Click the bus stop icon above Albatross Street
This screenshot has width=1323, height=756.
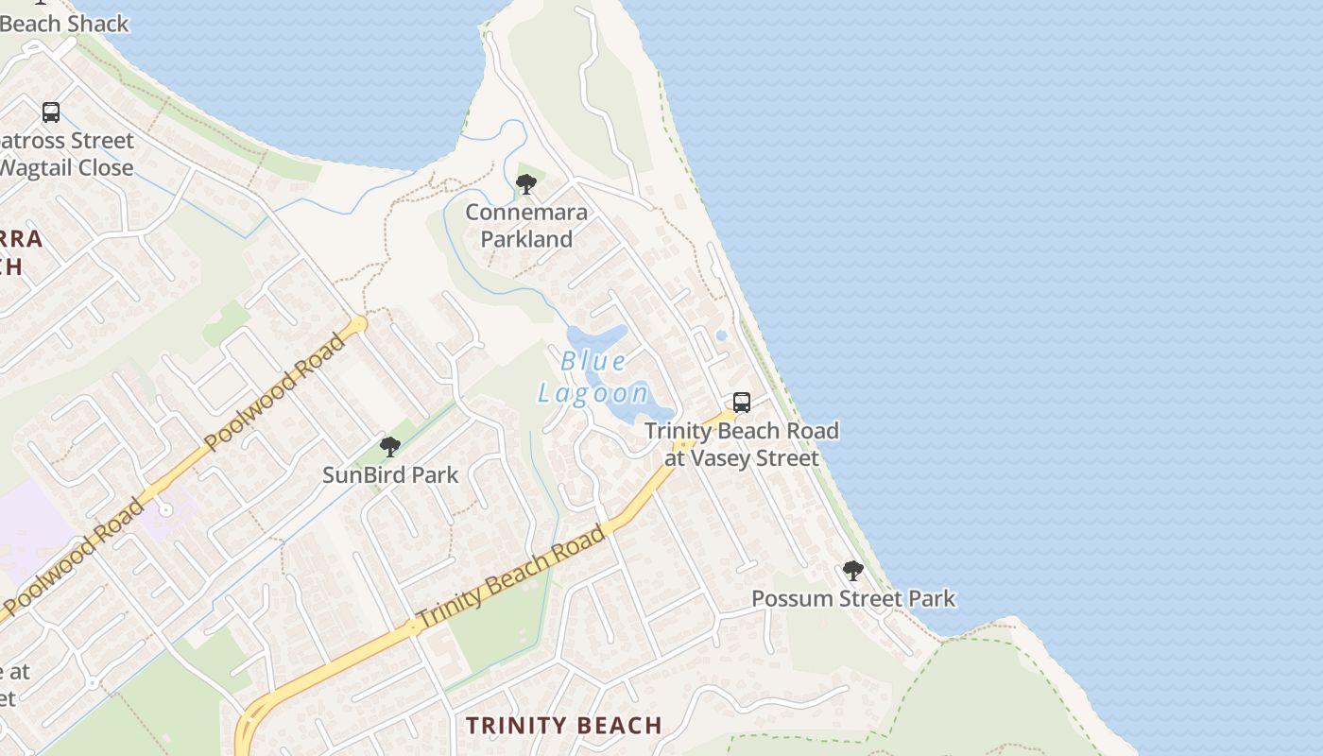coord(51,112)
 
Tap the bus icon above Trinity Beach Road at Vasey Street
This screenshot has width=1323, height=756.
coord(742,403)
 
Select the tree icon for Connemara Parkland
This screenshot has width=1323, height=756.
coord(526,184)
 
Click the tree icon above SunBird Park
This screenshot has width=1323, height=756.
coord(389,447)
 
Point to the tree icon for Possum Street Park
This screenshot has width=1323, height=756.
coord(852,571)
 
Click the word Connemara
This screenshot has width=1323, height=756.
coord(526,213)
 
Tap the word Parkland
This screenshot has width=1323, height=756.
coord(526,239)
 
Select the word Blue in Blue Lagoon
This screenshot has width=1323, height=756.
coord(593,361)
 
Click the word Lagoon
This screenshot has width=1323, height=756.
coord(593,393)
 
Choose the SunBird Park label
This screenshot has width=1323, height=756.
coord(390,475)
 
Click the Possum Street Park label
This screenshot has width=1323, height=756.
coord(853,598)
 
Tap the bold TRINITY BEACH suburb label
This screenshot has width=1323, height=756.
coord(564,726)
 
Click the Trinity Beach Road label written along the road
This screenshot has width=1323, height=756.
coord(510,577)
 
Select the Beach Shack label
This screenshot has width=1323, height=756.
coord(64,24)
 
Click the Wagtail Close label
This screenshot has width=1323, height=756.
coord(66,168)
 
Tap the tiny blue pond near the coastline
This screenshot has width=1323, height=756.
coord(722,335)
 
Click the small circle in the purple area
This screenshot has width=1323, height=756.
coord(165,510)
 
